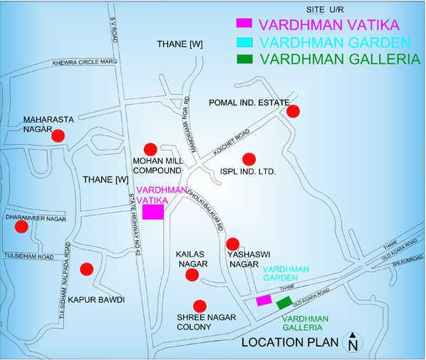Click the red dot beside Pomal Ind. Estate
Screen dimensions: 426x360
coord(293,110)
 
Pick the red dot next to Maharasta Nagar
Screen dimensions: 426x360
coord(59,135)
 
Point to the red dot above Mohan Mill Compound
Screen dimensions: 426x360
coord(150,149)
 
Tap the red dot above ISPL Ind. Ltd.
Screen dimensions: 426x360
coord(249,158)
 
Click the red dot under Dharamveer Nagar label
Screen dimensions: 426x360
coord(21,227)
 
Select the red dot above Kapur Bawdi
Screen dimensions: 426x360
coord(86,269)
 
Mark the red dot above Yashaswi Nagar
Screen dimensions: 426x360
coord(232,244)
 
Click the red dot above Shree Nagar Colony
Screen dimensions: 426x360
coord(200,304)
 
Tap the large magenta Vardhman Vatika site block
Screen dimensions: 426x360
coord(153,212)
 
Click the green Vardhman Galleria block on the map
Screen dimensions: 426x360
coord(284,302)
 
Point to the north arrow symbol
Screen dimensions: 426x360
coord(352,342)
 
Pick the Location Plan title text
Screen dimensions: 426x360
coord(289,342)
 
